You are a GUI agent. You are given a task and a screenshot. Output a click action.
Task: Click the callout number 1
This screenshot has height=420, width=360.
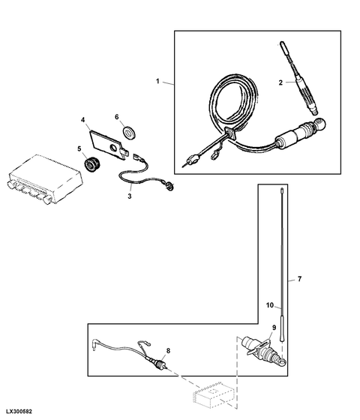157,81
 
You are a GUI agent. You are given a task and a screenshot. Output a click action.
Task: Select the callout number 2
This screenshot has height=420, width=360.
280,82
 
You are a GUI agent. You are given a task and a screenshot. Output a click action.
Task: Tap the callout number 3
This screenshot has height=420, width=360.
130,196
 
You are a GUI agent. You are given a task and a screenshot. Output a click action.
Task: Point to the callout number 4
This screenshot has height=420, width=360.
83,120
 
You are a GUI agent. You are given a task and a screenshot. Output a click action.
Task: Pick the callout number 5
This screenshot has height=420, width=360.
79,148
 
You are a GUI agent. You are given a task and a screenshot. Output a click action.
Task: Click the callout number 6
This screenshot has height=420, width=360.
117,117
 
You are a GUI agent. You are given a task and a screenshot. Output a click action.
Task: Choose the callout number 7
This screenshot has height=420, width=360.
299,279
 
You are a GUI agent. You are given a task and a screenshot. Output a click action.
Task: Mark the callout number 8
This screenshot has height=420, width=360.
168,351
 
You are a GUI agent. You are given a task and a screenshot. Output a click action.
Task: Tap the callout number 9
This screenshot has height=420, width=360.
274,327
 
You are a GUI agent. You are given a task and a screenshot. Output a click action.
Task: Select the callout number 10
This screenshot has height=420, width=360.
270,305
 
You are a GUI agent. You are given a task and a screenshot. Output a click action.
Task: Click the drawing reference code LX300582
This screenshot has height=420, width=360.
19,411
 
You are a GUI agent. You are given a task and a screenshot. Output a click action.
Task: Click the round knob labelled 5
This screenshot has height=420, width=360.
91,164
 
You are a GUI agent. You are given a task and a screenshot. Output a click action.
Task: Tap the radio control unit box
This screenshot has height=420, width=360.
44,179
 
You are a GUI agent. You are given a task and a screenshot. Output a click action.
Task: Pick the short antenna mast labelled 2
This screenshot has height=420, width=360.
299,78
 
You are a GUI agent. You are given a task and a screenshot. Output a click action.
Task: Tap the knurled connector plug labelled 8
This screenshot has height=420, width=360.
160,364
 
